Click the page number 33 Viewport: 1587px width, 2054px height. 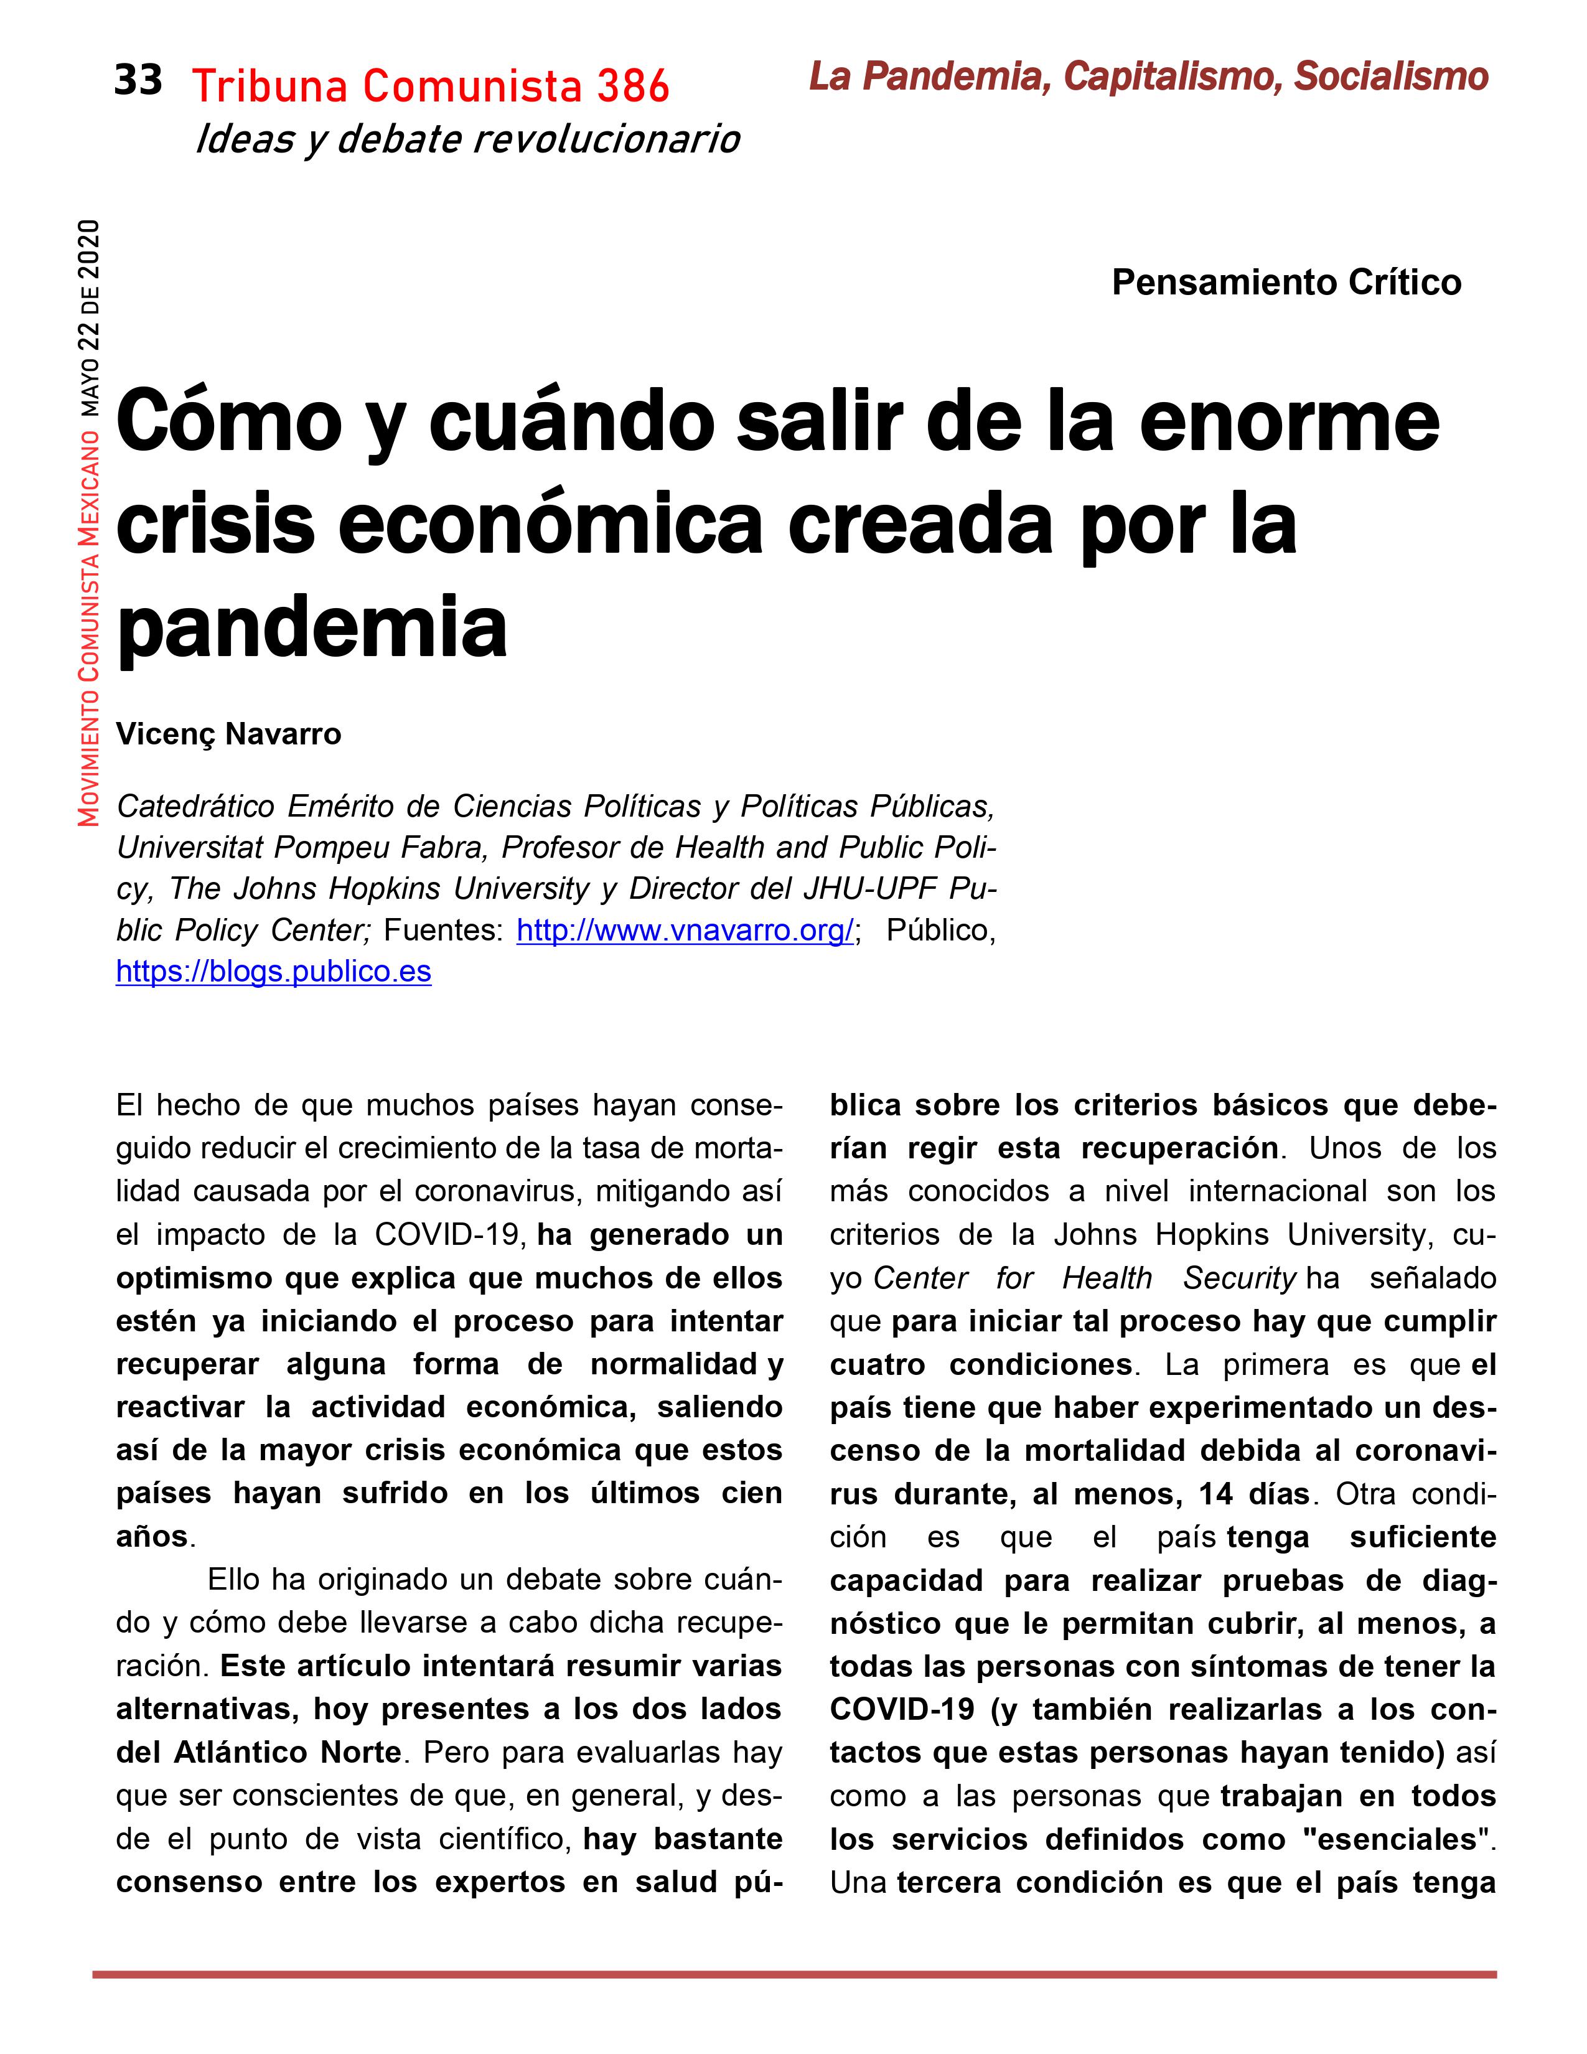click(x=138, y=81)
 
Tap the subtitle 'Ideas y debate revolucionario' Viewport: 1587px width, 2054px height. click(x=467, y=139)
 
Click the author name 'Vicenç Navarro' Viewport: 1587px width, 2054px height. click(x=228, y=734)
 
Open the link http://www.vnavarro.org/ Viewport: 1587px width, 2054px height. click(x=685, y=930)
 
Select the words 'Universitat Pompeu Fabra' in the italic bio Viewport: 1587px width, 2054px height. click(x=301, y=847)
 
